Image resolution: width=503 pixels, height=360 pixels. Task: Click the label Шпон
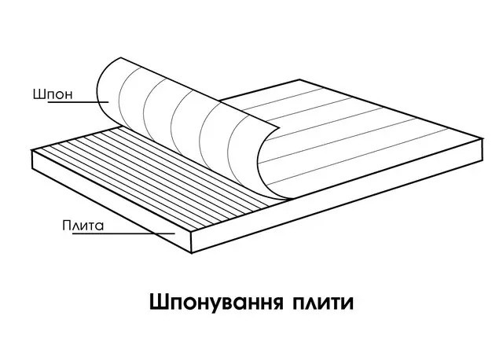click(51, 94)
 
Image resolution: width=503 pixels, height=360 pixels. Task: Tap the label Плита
click(83, 226)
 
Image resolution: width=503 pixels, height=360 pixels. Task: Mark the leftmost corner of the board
click(32, 154)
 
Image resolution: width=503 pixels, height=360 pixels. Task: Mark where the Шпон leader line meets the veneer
click(108, 102)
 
